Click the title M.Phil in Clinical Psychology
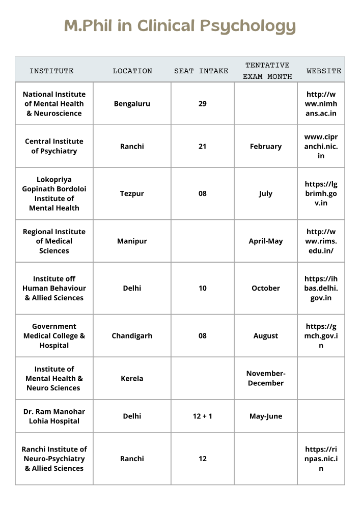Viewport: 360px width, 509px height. point(180,26)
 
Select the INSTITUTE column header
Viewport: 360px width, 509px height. point(51,71)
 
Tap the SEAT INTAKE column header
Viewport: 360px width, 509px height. point(201,71)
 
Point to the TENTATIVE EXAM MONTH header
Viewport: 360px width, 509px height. point(267,71)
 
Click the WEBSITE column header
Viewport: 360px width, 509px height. point(324,71)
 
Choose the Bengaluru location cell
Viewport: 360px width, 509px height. point(132,104)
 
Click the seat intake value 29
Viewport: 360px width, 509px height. point(203,104)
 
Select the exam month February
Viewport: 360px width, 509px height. point(266,147)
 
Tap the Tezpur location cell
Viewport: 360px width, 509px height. point(132,194)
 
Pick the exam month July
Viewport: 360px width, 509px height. point(266,194)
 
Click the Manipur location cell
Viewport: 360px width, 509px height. point(132,241)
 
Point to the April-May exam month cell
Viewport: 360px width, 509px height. point(266,241)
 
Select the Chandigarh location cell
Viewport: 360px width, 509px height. point(132,336)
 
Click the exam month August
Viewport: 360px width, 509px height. point(266,336)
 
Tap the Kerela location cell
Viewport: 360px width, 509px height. point(132,379)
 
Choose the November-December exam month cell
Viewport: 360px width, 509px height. point(266,378)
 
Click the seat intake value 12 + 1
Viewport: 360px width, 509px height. point(203,416)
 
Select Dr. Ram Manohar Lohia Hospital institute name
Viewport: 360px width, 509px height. point(54,416)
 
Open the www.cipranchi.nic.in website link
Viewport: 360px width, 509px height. point(321,147)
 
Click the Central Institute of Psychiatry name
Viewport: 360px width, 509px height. point(54,146)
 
